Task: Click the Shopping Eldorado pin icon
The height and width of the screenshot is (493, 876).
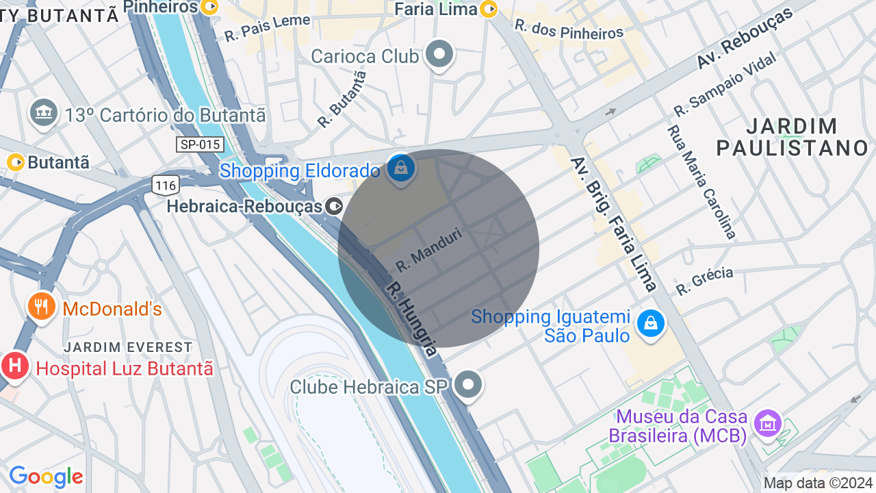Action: click(x=400, y=167)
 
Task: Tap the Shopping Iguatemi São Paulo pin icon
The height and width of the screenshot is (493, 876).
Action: click(x=650, y=323)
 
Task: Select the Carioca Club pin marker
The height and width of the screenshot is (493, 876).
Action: click(x=439, y=54)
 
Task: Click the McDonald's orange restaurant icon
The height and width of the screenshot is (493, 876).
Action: click(x=42, y=307)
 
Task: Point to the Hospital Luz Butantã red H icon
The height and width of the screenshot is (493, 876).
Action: click(x=14, y=366)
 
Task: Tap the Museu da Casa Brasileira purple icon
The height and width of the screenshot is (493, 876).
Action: click(x=767, y=422)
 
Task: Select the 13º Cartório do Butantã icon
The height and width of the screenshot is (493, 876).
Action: click(x=44, y=112)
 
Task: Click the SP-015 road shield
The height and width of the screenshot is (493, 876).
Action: click(x=200, y=144)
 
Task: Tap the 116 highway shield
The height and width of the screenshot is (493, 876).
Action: click(x=166, y=185)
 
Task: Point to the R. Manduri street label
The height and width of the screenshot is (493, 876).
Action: click(x=430, y=249)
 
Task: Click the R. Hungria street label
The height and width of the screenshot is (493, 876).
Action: click(x=411, y=319)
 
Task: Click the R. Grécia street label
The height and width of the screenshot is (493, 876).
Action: click(x=704, y=281)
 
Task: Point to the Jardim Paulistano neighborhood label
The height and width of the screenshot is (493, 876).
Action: click(x=792, y=136)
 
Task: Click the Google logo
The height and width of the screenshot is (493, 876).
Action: click(x=47, y=477)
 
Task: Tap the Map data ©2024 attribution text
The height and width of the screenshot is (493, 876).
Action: click(x=818, y=483)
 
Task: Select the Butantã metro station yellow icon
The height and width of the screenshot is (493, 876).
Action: click(x=16, y=162)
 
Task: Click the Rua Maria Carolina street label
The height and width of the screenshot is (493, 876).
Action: click(x=701, y=181)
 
